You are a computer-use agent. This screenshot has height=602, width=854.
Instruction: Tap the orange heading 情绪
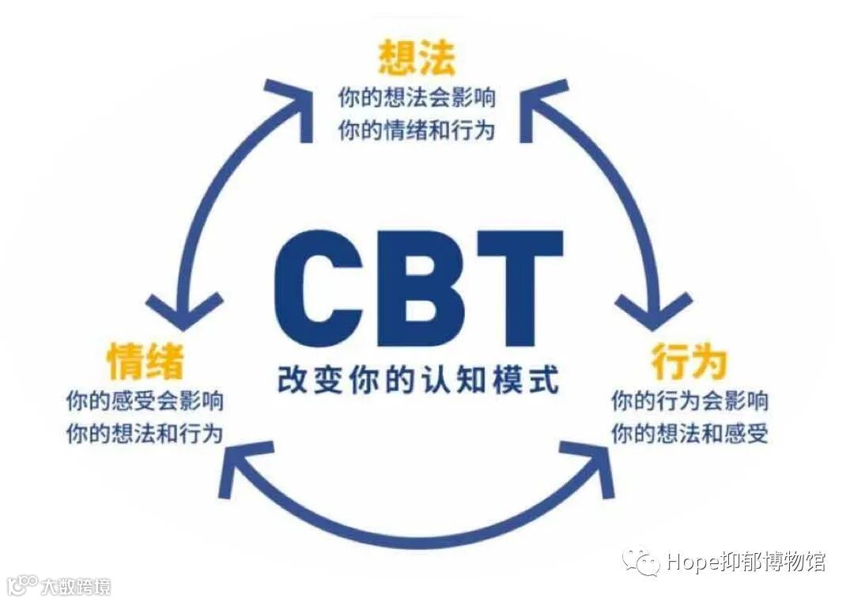tap(145, 362)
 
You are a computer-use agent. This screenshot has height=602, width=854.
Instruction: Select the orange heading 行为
tap(689, 362)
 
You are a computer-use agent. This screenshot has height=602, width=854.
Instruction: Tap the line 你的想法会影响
tap(417, 99)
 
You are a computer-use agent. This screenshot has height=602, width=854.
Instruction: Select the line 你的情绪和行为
tap(417, 130)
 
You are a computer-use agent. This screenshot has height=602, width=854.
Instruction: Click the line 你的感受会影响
tap(145, 401)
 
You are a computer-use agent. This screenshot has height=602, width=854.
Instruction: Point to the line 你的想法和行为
tap(145, 434)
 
